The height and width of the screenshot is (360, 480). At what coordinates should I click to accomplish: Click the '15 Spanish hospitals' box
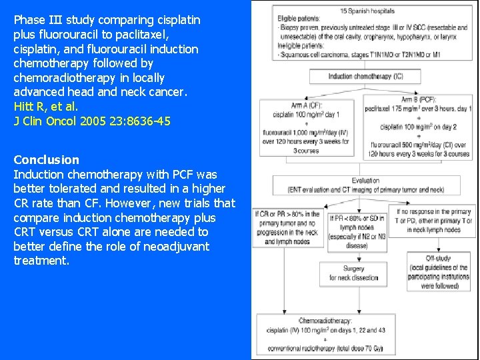pos(367,11)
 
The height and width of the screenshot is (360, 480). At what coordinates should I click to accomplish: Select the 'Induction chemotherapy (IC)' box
pos(365,77)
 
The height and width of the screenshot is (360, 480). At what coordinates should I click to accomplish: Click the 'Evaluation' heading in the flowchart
pos(365,181)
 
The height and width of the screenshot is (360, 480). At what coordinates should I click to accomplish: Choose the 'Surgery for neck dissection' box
pos(353,273)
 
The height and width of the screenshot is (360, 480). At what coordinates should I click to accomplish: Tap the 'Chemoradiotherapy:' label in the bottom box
pos(326,321)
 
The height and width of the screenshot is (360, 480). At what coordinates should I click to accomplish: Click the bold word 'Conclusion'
pos(46,160)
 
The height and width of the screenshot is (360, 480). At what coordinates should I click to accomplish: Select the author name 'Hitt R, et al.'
pos(46,107)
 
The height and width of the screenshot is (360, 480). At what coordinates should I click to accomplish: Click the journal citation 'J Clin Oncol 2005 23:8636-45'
pos(92,121)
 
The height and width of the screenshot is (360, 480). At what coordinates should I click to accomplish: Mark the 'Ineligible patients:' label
pos(302,45)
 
